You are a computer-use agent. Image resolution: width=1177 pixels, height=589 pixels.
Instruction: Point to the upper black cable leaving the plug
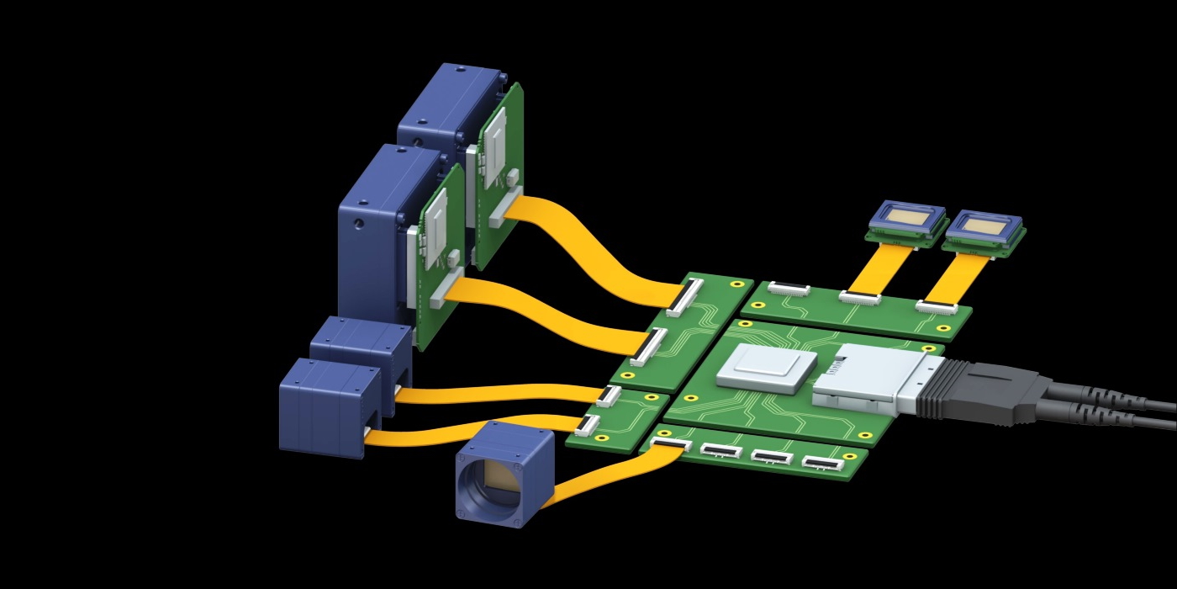pos(1110,395)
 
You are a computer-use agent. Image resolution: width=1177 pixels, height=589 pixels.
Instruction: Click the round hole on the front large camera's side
pos(358,226)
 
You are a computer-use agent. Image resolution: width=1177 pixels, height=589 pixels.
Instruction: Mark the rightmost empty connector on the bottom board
pos(823,463)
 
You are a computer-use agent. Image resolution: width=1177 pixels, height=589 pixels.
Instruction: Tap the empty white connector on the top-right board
pos(788,289)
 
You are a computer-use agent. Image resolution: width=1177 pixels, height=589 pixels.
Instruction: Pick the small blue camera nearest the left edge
pos(324,408)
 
